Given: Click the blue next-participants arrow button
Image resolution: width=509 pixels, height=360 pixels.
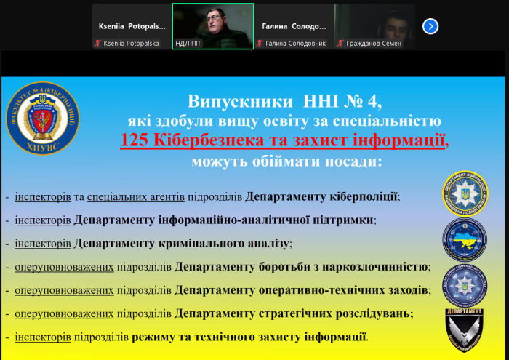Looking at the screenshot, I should [x=430, y=26].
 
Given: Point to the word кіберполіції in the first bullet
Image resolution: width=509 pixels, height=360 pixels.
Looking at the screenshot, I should [x=364, y=196].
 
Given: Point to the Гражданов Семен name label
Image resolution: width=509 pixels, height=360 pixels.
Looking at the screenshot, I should [x=376, y=44].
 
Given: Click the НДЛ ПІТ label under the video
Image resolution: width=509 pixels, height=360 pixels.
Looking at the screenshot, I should [x=188, y=44].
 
